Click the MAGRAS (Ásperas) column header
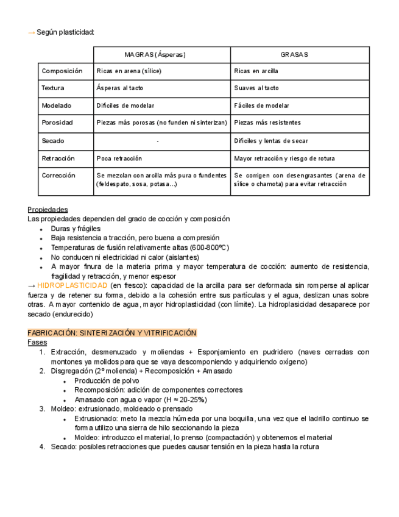point(155,55)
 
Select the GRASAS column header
point(294,55)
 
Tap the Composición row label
point(62,71)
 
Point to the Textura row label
point(53,88)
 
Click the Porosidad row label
point(57,123)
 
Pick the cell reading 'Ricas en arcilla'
point(256,71)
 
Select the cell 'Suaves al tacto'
point(256,88)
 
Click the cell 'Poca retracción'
point(119,159)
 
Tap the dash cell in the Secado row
point(158,141)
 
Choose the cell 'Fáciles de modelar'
point(262,105)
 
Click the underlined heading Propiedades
point(48,210)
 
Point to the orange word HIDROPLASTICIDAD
point(72,285)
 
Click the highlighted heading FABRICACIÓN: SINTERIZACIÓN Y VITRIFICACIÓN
point(112,333)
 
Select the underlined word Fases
point(37,343)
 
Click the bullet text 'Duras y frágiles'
point(76,229)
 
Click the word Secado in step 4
point(63,447)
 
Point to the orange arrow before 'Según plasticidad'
point(32,32)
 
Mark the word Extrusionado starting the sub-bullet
point(96,419)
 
